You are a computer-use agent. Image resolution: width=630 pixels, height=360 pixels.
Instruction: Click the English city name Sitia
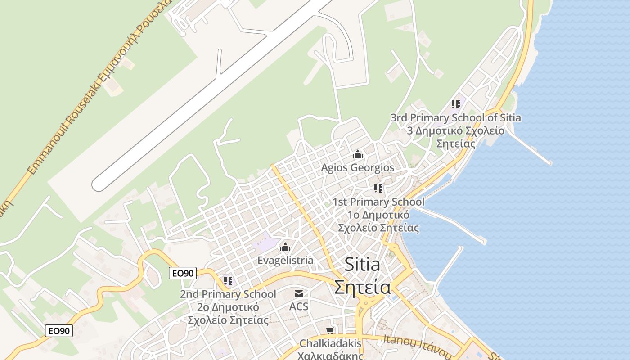(x=362, y=265)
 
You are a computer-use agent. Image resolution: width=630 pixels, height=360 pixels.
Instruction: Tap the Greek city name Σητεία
(x=362, y=287)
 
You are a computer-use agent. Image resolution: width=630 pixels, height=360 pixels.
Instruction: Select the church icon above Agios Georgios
(x=358, y=155)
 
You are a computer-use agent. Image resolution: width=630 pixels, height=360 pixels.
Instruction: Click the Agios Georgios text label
(x=357, y=168)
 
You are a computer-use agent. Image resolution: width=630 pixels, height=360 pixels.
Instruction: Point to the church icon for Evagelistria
(x=285, y=247)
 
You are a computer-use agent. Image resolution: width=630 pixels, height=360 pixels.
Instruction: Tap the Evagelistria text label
(x=285, y=261)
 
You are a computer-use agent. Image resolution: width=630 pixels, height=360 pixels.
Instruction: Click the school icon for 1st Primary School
(x=378, y=189)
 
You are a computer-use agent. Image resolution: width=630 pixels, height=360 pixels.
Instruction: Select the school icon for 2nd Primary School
(x=228, y=281)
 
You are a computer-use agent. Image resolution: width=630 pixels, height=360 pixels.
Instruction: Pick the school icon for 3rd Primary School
(x=456, y=104)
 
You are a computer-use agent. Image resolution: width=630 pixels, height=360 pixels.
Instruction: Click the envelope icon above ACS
(x=298, y=294)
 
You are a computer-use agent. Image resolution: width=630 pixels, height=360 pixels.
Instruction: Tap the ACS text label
(x=299, y=306)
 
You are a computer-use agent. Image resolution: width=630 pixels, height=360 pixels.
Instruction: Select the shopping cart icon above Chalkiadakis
(x=330, y=331)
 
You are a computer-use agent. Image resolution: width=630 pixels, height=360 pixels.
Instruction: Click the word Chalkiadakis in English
(x=330, y=343)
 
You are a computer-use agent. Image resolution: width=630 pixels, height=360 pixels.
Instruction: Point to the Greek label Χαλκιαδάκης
(x=330, y=355)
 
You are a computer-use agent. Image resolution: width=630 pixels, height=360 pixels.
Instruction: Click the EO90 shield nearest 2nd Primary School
(x=183, y=273)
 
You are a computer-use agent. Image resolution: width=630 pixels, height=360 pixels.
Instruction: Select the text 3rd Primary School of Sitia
(x=455, y=118)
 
